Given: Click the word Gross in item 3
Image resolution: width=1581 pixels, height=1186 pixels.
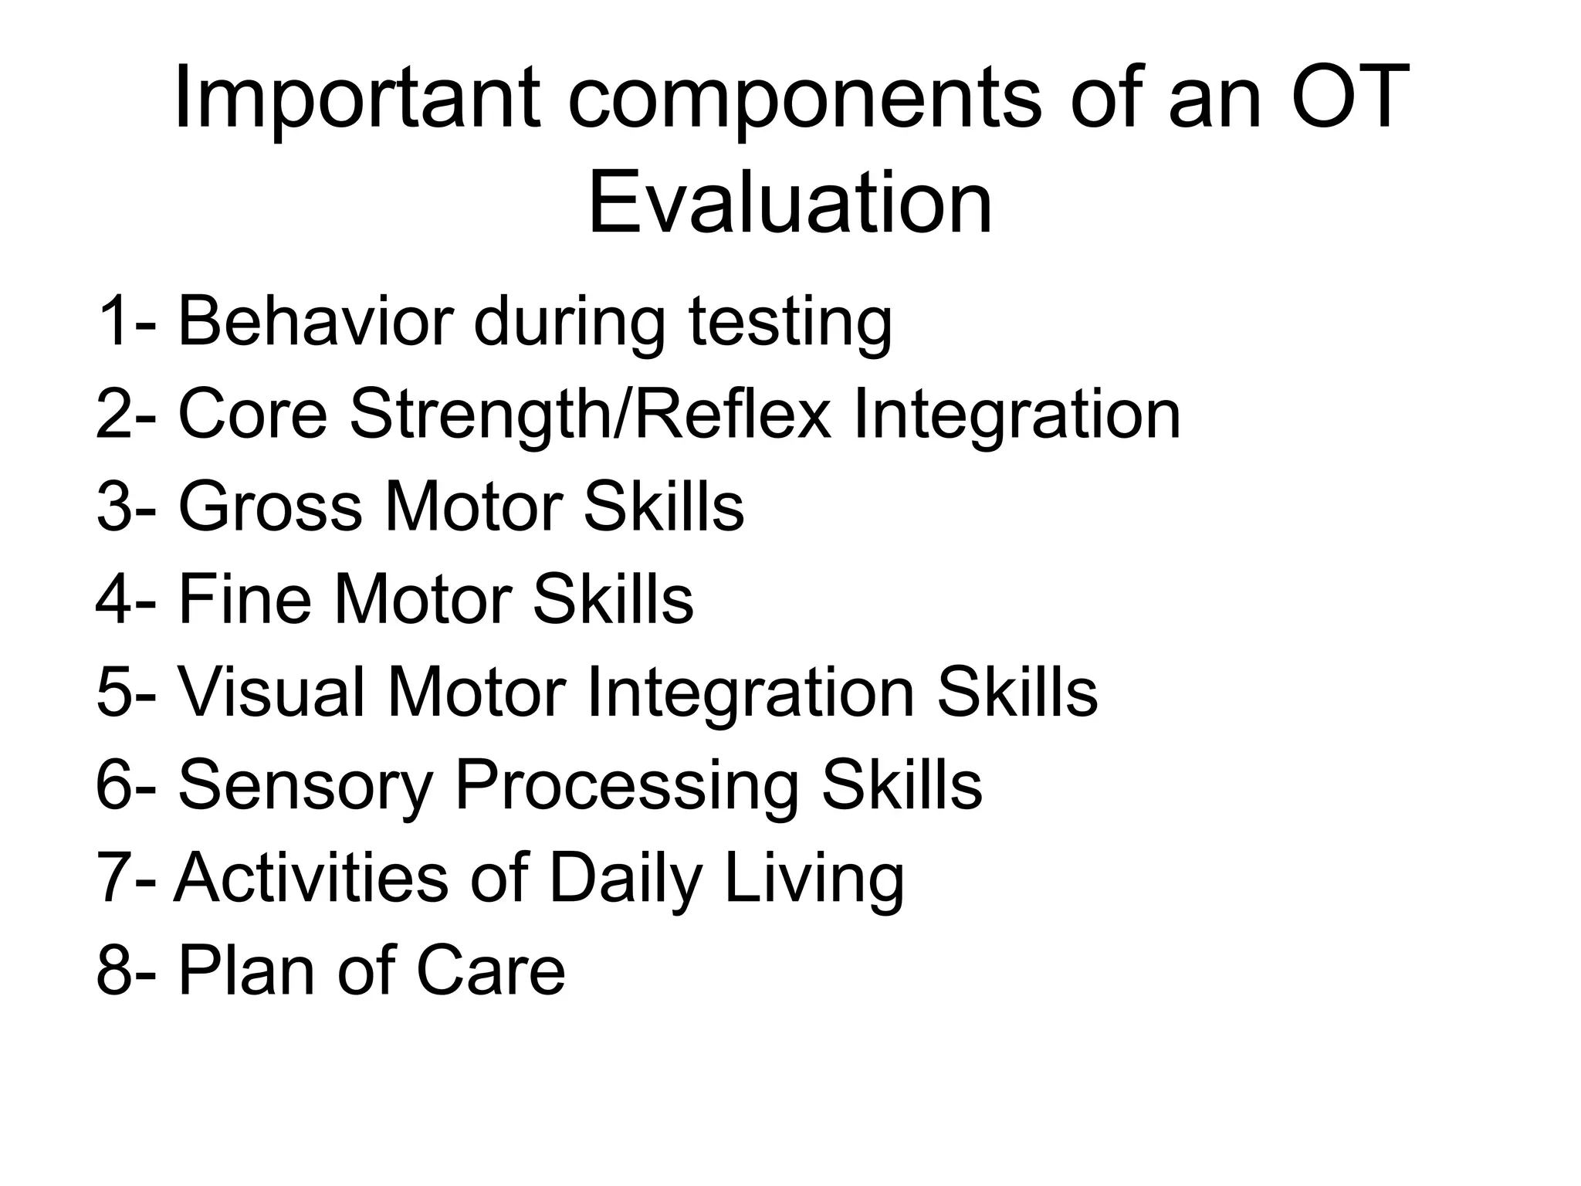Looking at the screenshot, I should tap(270, 507).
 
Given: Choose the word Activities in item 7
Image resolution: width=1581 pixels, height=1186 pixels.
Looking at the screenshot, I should tap(311, 878).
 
